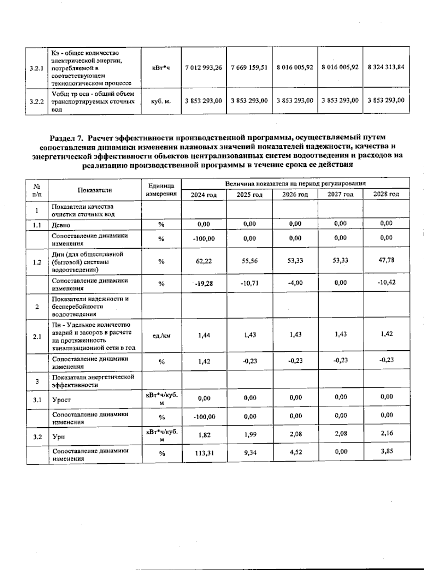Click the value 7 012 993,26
tap(204, 67)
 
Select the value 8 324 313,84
tap(386, 67)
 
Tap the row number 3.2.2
tap(37, 102)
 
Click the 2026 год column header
tap(295, 195)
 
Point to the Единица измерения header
tap(161, 190)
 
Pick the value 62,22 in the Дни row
tap(204, 261)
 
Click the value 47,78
tap(387, 260)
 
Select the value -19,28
tap(204, 283)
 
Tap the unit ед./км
tap(161, 336)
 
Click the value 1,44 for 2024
tap(204, 335)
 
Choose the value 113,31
tap(204, 453)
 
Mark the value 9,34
tap(250, 452)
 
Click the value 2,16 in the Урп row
tap(387, 433)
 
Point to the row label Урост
tap(61, 400)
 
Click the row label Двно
tap(61, 225)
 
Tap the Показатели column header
tap(95, 190)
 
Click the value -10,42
tap(387, 283)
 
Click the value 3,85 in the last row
tap(387, 451)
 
